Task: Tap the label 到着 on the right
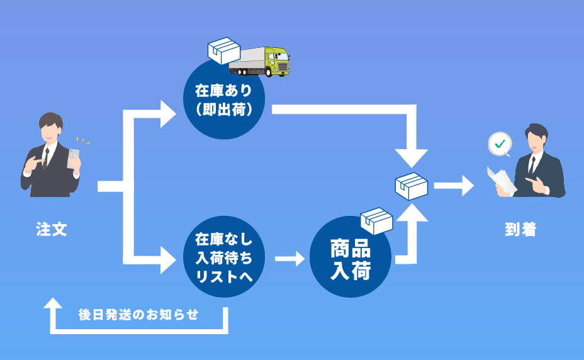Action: (x=520, y=230)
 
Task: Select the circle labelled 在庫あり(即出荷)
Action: (x=224, y=99)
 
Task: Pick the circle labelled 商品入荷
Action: (x=351, y=258)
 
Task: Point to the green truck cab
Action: (x=278, y=60)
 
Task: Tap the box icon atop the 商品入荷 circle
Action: (x=376, y=220)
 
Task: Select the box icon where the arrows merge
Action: (x=411, y=186)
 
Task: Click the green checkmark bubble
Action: (x=500, y=144)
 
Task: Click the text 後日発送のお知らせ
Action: (x=138, y=314)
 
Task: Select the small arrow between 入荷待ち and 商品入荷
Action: (x=289, y=258)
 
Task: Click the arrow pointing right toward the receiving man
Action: (x=454, y=186)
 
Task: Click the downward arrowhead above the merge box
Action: (x=411, y=157)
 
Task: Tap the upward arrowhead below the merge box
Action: (x=411, y=212)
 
